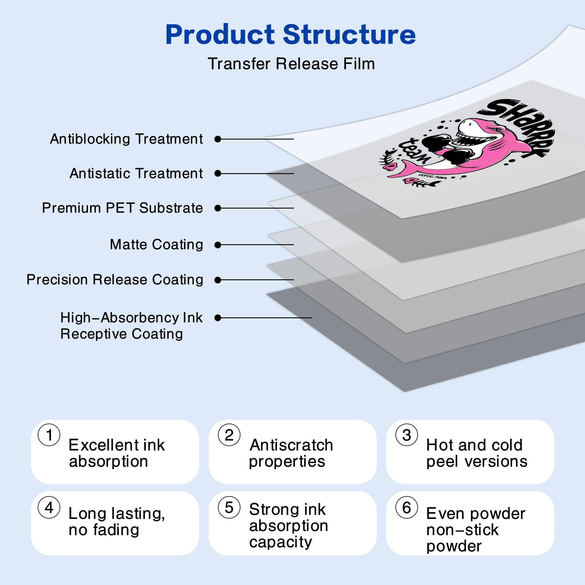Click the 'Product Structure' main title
(291, 35)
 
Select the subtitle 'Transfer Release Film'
(291, 64)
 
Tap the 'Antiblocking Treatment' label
(126, 139)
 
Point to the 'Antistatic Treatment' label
(136, 173)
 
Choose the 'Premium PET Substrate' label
(122, 208)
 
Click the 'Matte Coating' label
(156, 245)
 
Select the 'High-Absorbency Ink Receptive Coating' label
(131, 326)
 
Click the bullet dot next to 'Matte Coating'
(217, 245)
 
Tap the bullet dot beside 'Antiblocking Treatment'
(217, 139)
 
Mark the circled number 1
(49, 435)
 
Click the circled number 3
(407, 435)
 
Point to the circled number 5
(229, 507)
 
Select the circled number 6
(407, 507)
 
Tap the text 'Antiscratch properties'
(291, 453)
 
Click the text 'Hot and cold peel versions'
(477, 453)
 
